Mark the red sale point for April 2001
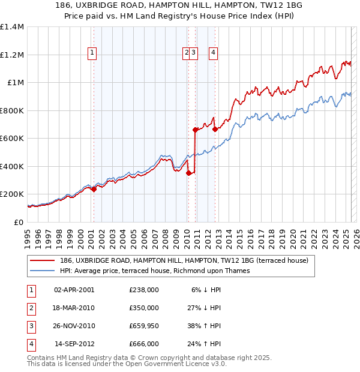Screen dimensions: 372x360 (94, 189)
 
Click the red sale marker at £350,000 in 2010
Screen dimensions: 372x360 (188, 173)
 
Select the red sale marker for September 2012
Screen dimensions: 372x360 (215, 129)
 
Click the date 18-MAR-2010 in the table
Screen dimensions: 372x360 (74, 308)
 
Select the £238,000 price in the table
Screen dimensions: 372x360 (143, 290)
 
